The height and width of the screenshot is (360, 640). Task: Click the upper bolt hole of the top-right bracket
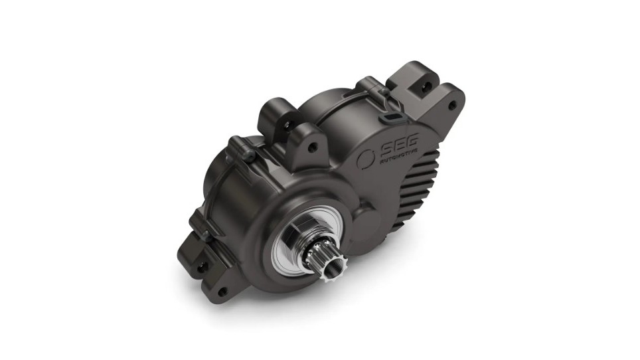click(427, 85)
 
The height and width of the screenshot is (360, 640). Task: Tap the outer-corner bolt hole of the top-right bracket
click(452, 105)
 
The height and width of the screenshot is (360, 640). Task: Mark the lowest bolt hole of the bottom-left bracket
click(222, 292)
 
